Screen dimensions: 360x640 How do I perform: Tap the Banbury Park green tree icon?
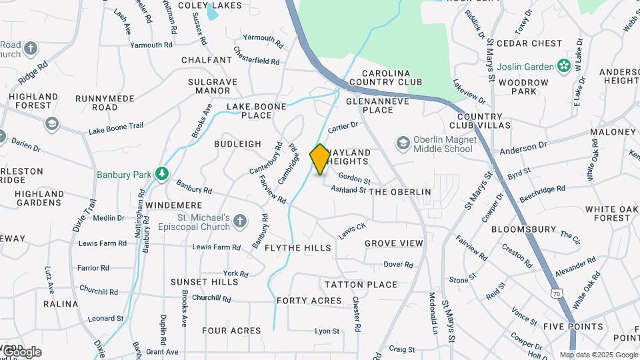[x=161, y=174]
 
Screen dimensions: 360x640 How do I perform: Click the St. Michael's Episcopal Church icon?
[x=240, y=221]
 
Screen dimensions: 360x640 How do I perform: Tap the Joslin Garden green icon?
[x=564, y=66]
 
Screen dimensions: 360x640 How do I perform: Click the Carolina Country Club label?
[x=392, y=77]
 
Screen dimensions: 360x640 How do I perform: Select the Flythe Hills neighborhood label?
[x=298, y=248]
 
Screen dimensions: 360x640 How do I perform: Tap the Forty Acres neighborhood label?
[x=309, y=301]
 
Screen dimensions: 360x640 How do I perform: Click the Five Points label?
[x=574, y=327]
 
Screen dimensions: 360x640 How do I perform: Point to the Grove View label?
[x=394, y=243]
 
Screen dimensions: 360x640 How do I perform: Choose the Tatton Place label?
[x=361, y=285]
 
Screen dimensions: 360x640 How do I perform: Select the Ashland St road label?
[x=348, y=189]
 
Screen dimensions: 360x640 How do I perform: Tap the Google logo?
[x=21, y=352]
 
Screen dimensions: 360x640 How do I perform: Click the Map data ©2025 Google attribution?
[x=598, y=355]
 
